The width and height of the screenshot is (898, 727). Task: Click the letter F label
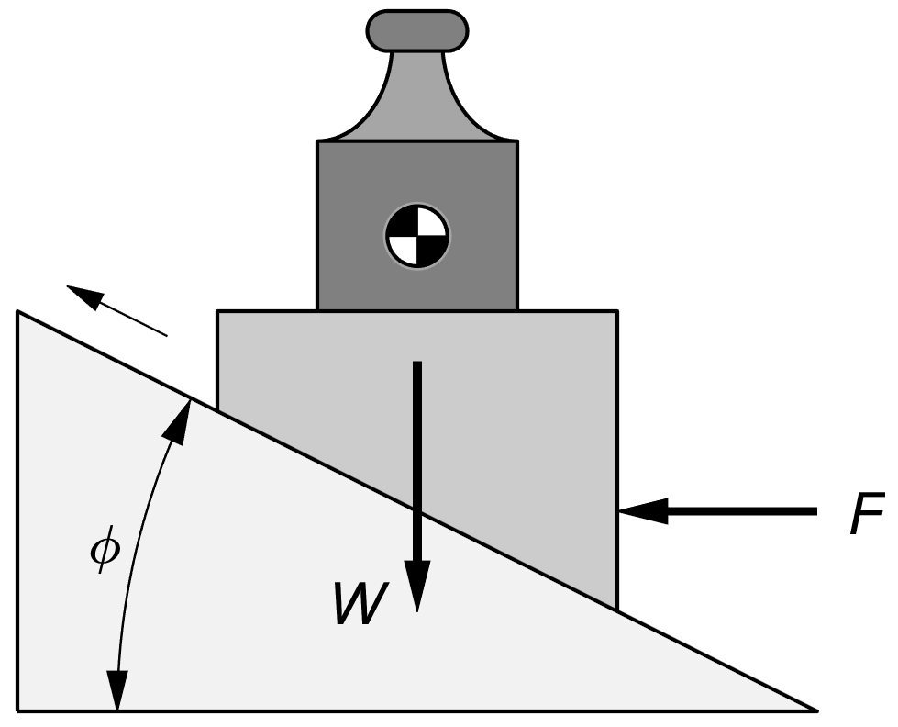tap(867, 515)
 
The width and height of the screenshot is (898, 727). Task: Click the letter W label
tap(360, 604)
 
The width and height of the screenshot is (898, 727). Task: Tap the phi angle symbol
tap(105, 553)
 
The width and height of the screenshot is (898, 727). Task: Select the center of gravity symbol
tap(416, 237)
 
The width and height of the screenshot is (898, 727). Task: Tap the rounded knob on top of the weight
tap(416, 30)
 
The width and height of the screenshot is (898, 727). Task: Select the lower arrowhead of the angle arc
tap(116, 693)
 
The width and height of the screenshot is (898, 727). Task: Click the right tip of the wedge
tap(813, 709)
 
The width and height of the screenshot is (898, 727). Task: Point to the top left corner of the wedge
tap(19, 313)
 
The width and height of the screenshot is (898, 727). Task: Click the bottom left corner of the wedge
tap(19, 709)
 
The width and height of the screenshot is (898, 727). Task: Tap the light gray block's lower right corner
tap(615, 608)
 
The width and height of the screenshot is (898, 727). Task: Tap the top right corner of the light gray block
tap(615, 312)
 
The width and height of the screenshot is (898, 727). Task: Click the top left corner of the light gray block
tap(218, 312)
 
